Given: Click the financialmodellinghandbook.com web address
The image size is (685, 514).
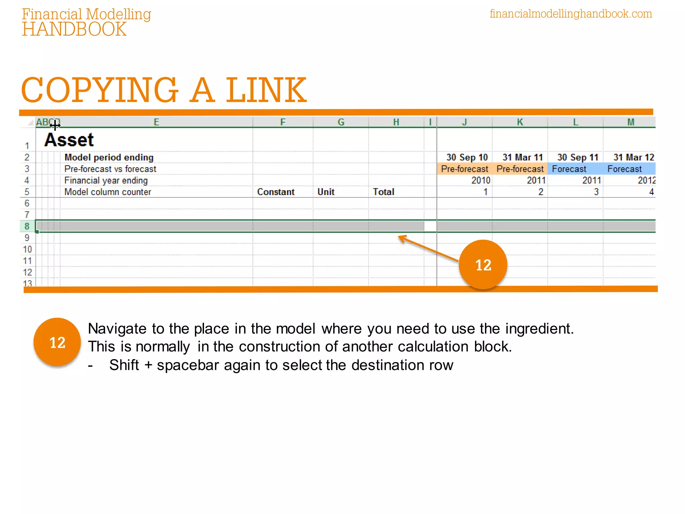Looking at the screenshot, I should tap(571, 14).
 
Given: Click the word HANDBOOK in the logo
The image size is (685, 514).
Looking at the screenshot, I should tap(74, 29).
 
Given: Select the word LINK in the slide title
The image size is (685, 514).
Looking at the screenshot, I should tap(266, 90).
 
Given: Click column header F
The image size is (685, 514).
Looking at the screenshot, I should tap(283, 122).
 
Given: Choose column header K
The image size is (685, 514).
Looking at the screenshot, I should tap(520, 122).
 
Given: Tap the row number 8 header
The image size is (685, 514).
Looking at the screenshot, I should tap(27, 227).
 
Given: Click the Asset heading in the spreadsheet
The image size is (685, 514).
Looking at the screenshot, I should tap(69, 140).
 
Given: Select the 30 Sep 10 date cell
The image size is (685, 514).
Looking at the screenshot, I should tap(467, 157).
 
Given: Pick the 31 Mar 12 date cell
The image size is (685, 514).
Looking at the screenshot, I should tap(633, 157).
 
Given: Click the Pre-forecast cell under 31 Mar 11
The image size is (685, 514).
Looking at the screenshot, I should tap(520, 169).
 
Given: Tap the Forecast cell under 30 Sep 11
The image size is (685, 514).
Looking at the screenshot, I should tap(569, 169).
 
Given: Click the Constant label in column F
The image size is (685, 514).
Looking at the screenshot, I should tap(276, 192).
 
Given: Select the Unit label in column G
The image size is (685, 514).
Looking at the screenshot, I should tap(326, 192).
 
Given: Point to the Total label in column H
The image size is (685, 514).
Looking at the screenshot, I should tap(383, 192).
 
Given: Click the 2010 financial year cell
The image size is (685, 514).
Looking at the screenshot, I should tap(481, 180).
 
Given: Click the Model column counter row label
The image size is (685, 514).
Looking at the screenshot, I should tap(108, 192).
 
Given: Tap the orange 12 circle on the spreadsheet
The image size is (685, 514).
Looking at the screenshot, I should tap(483, 265).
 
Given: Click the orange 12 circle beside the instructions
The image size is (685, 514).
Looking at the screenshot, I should tap(57, 342).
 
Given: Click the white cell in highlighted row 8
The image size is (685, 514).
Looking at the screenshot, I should tap(430, 227).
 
